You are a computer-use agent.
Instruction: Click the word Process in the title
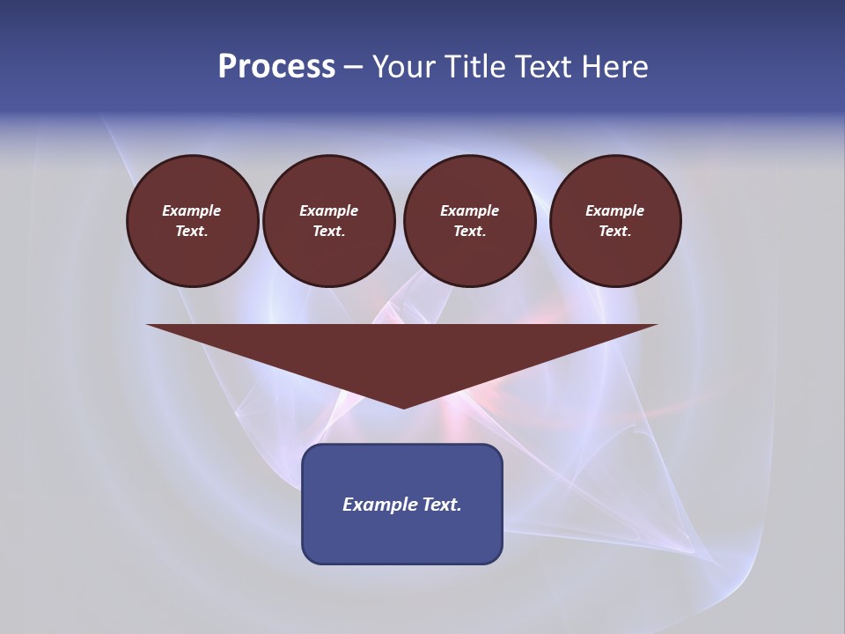coord(276,67)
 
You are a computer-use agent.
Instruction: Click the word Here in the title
coord(615,67)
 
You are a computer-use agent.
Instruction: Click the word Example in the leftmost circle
coord(192,210)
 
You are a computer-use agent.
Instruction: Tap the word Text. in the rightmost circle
coord(615,232)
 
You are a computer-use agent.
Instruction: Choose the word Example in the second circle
coord(328,210)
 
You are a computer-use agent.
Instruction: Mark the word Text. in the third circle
coord(469,232)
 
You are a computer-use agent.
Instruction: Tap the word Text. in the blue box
coord(441,505)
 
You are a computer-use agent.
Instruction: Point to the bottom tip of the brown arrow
coord(403,406)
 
